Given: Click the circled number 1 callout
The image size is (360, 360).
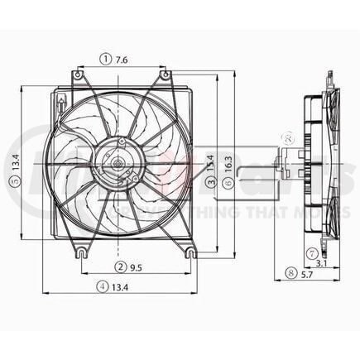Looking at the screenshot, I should [x=106, y=58].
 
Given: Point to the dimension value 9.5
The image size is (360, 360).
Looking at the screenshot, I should [x=137, y=266].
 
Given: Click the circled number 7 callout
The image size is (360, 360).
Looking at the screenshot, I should [x=311, y=252].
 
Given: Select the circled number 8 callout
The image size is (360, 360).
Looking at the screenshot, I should [x=290, y=272].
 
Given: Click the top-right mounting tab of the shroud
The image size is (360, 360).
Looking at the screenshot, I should [x=166, y=76].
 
